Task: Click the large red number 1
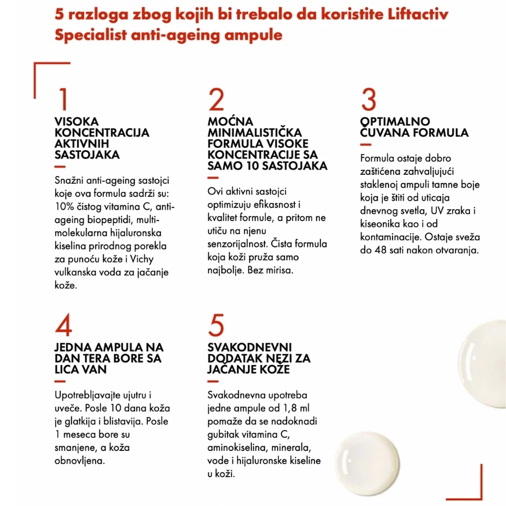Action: (63, 99)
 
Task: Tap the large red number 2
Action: (216, 99)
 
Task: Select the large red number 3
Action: (368, 99)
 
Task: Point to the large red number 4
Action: (64, 324)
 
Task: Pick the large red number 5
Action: (216, 325)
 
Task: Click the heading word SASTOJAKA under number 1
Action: (87, 155)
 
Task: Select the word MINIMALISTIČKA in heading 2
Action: (255, 133)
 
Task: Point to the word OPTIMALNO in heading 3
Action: (395, 121)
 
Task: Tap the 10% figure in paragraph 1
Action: (65, 206)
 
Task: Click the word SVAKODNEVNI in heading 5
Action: (250, 347)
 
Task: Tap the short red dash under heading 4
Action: (60, 381)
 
